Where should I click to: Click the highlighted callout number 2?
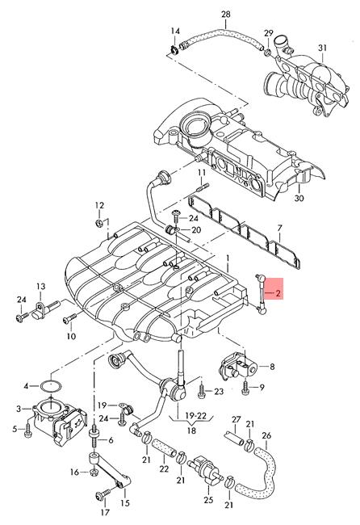point(278,294)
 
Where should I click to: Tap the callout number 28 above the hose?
point(226,15)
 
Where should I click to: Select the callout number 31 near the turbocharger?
point(322,48)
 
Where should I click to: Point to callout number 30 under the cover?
point(299,198)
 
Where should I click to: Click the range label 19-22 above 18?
point(196,416)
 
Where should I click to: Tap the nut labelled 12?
point(98,223)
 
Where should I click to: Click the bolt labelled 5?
point(27,430)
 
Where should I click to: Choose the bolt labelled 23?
point(203,390)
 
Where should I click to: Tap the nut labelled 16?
point(93,472)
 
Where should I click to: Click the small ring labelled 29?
point(268,52)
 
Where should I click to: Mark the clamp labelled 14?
point(174,50)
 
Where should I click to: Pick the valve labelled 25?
point(204,468)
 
